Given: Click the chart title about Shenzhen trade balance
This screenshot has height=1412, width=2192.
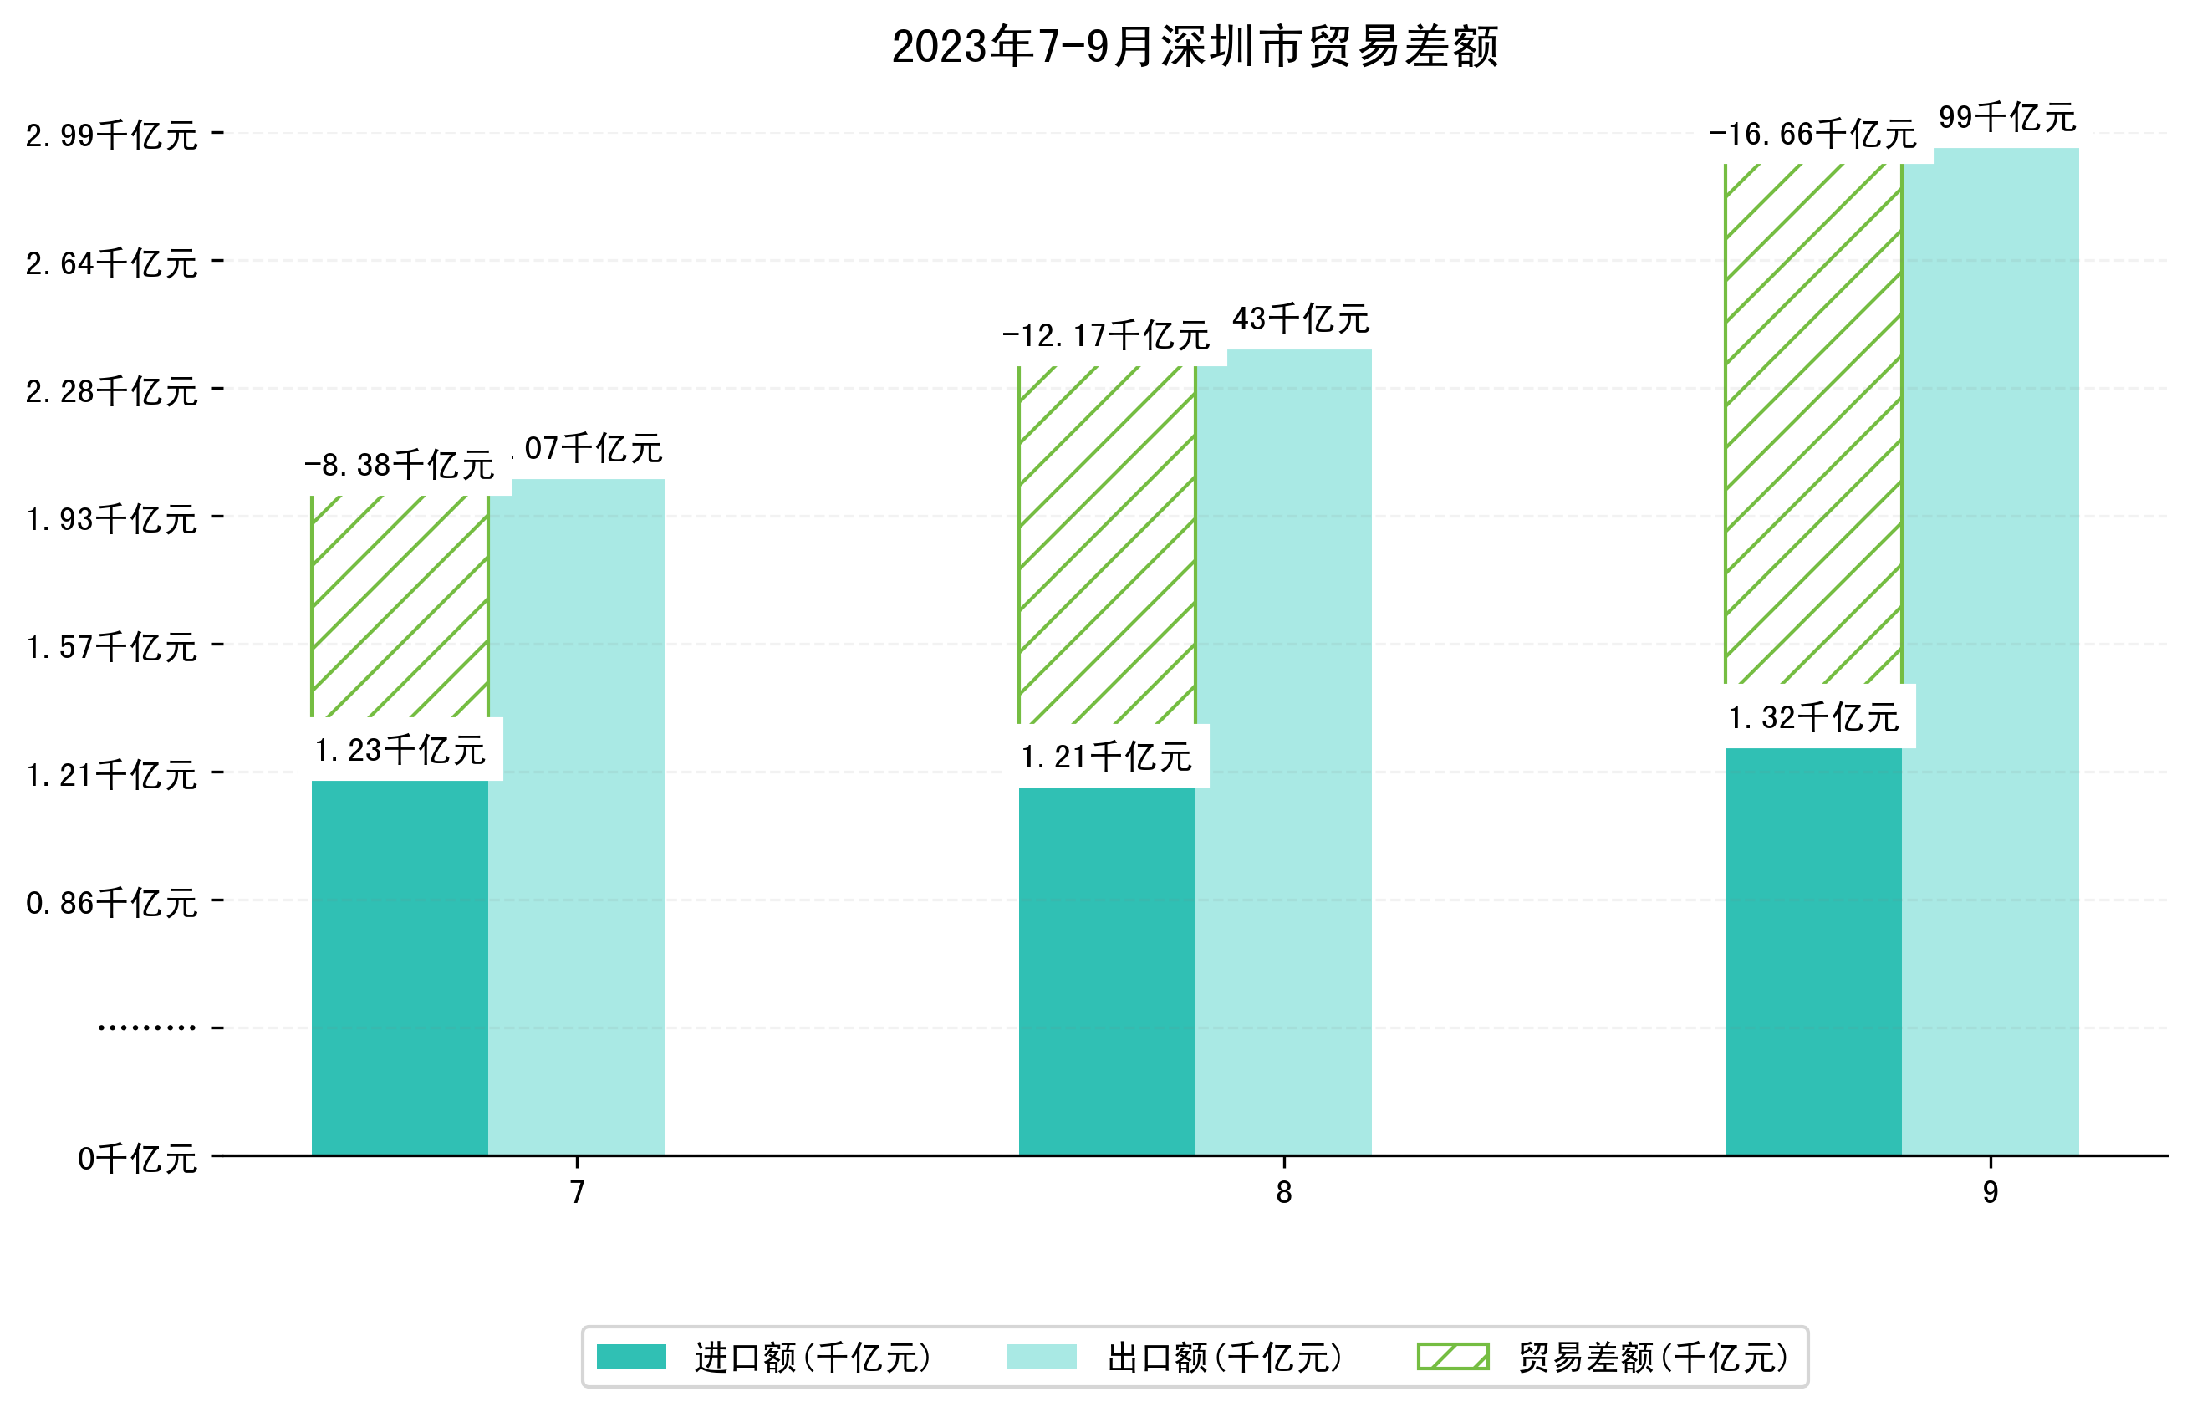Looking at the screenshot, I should [1194, 47].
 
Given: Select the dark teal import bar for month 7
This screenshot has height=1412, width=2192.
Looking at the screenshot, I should [400, 967].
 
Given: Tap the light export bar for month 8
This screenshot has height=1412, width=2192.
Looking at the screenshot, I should [1283, 752].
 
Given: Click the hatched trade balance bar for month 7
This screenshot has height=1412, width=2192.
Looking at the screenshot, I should [400, 606].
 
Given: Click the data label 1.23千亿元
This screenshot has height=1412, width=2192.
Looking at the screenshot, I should [400, 750].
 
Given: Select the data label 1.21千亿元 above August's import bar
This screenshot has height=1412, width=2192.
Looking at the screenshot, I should [1107, 757].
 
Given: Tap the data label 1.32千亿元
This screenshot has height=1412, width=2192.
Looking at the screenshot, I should [1813, 717].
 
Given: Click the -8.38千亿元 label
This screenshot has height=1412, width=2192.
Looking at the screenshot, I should [400, 465].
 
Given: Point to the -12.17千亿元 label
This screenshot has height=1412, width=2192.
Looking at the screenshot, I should [1107, 335].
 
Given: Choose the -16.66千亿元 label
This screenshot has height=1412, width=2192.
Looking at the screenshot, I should [1812, 134].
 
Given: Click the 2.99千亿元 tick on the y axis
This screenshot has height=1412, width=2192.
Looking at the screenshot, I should [112, 135].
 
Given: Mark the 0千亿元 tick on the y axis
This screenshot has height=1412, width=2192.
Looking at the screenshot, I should [137, 1159].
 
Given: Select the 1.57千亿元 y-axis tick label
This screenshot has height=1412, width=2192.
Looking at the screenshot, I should [112, 647].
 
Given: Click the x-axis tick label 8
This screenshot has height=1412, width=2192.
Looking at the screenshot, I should [1283, 1192].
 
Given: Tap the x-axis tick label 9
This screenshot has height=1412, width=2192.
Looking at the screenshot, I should [1991, 1192].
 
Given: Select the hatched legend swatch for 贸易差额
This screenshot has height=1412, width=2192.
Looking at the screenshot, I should [1453, 1356].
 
